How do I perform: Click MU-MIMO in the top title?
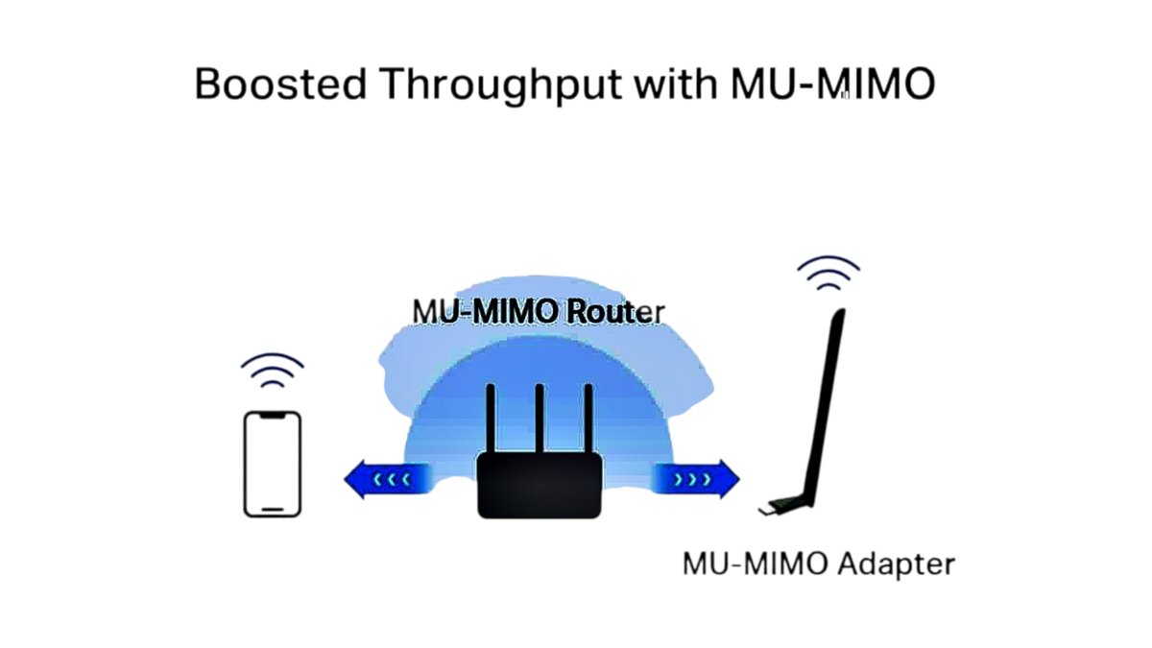832,84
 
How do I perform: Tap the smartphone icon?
273,464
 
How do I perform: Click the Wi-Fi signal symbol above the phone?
273,371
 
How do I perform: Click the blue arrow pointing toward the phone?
381,477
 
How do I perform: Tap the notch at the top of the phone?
273,416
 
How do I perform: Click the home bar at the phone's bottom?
273,509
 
